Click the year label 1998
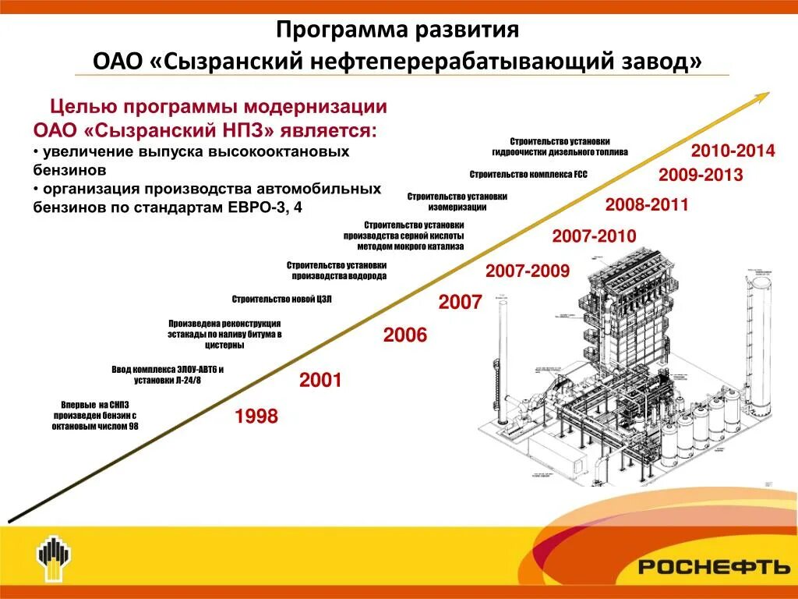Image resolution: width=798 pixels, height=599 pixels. tap(256, 416)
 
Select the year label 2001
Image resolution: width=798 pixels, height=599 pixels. tap(320, 381)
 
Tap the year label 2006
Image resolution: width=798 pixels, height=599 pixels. tap(405, 335)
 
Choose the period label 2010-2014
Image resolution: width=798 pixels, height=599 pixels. tap(733, 151)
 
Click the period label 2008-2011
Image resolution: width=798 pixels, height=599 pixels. tap(647, 206)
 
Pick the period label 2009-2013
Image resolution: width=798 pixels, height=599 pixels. tap(700, 175)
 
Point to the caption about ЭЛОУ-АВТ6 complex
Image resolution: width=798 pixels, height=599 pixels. tap(168, 374)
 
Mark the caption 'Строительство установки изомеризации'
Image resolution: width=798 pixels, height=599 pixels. tap(457, 202)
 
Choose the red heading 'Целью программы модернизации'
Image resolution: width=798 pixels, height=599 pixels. tap(218, 107)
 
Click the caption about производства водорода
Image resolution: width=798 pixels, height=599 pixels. tap(337, 271)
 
